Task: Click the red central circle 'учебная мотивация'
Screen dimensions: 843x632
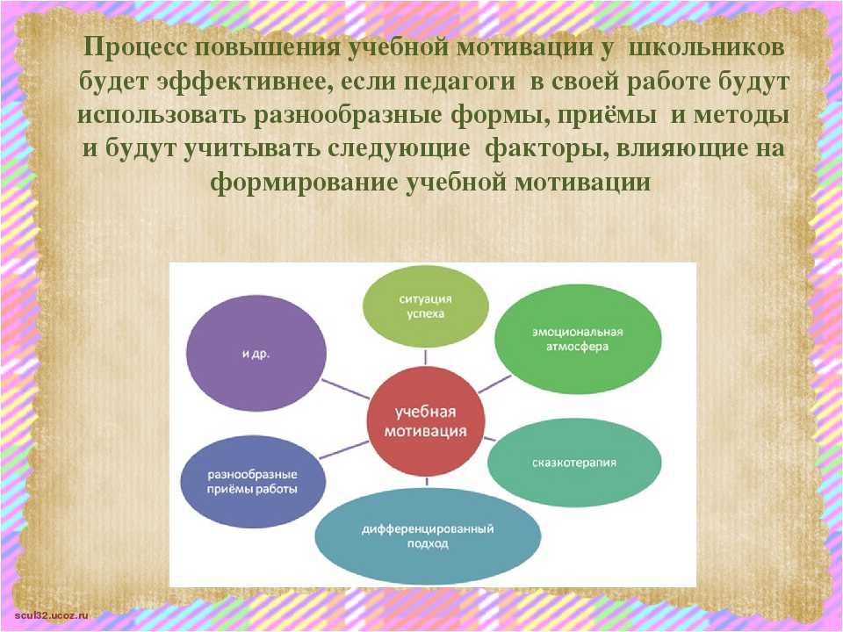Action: [x=426, y=421]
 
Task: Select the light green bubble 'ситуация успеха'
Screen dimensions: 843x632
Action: [x=425, y=306]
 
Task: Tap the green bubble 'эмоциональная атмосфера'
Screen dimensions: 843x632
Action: [x=578, y=339]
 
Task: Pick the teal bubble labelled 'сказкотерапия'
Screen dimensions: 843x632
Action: [x=574, y=463]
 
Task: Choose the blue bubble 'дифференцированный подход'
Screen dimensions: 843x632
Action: [x=428, y=536]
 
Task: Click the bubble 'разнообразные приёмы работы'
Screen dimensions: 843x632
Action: [x=253, y=482]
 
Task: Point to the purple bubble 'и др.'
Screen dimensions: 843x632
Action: [x=256, y=353]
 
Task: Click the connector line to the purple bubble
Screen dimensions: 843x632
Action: [x=346, y=389]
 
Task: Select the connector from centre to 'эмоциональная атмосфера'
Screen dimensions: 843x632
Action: [x=494, y=384]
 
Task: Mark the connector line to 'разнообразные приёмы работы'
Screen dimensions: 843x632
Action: [x=344, y=449]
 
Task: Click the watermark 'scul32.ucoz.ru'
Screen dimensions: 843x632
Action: [x=52, y=614]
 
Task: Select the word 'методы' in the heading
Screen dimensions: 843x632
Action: [x=741, y=116]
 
